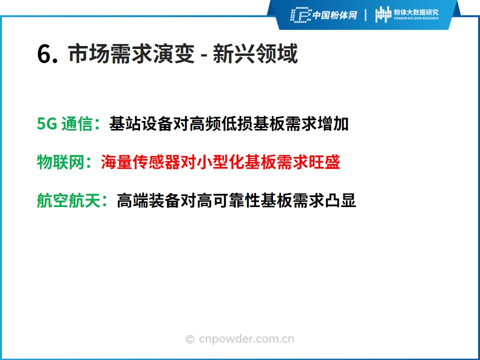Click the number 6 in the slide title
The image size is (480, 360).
(44, 54)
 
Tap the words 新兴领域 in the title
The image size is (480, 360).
(255, 54)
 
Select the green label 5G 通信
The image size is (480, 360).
(65, 124)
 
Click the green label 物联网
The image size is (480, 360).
(60, 162)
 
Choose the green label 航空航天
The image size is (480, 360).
(68, 200)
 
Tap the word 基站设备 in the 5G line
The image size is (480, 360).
(141, 124)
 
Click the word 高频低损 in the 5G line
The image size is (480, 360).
(220, 124)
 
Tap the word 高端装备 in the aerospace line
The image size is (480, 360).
(149, 200)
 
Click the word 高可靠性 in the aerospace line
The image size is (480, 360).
(229, 200)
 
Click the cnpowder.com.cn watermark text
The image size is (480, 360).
(246, 339)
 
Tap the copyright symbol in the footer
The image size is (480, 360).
(190, 339)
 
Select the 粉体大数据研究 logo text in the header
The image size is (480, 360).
(416, 12)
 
